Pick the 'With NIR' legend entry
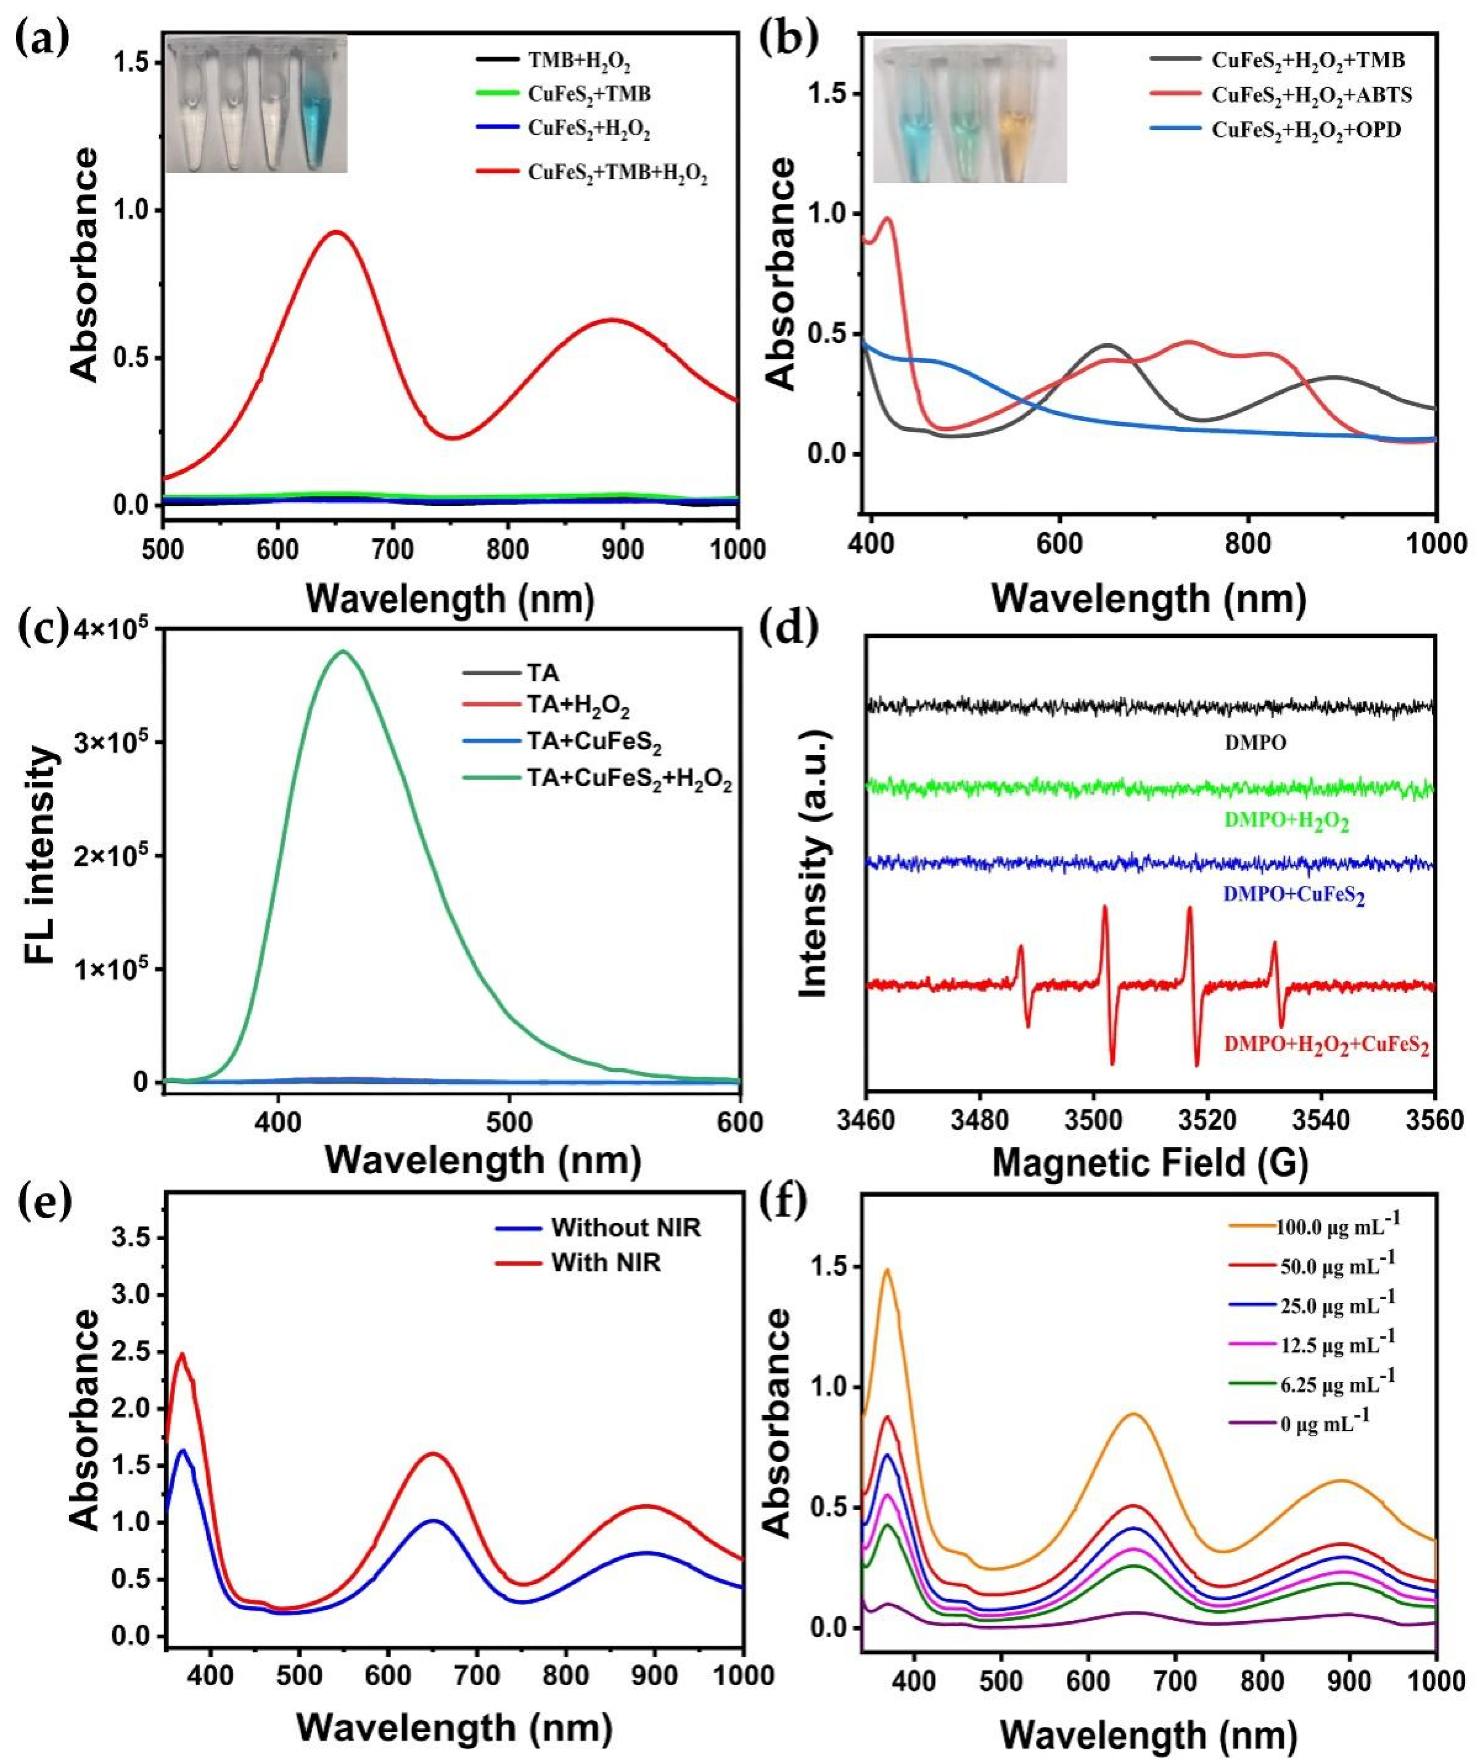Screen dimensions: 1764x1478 tap(606, 1263)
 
